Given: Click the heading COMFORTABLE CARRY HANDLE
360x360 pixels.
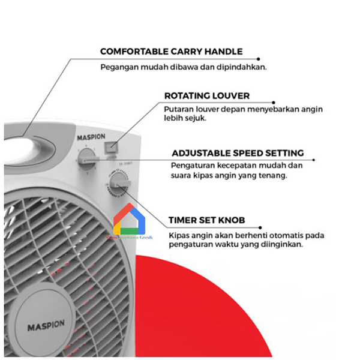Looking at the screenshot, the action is tap(171, 52).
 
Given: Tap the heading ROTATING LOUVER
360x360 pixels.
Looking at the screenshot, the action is tap(206, 95).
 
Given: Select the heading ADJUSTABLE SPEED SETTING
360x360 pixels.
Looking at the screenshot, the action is tap(237, 153).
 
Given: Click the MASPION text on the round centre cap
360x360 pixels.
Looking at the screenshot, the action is tap(46, 328).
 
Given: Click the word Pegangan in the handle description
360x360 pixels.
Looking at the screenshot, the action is tap(119, 67).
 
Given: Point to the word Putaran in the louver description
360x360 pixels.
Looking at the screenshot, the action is tap(179, 109).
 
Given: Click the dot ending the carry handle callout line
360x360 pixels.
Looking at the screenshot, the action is tap(259, 59).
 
